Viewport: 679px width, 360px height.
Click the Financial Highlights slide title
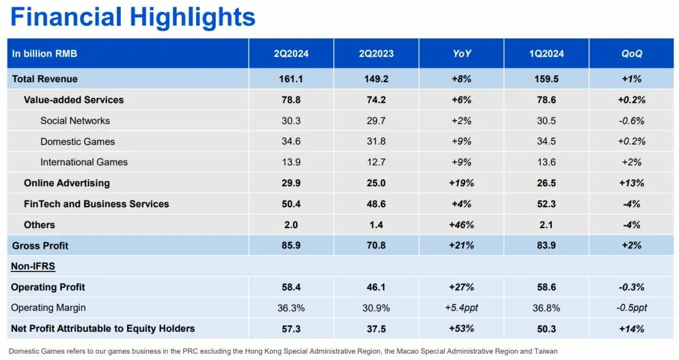133,17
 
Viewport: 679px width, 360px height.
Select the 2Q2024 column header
291,53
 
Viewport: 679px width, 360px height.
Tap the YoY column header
461,53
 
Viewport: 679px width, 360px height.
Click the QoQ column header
632,53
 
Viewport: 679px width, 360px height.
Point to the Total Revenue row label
45,79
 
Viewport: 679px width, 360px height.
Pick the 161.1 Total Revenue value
291,79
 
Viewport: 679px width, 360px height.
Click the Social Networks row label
75,121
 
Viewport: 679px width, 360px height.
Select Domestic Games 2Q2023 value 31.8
376,141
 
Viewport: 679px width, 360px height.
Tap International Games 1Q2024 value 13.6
546,162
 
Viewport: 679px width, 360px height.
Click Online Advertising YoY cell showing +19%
461,183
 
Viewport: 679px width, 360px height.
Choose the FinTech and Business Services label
96,204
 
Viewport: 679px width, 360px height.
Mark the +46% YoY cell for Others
461,225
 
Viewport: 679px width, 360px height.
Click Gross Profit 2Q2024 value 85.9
291,246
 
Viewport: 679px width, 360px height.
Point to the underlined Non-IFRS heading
33,266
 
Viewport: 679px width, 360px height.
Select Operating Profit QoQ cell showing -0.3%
632,287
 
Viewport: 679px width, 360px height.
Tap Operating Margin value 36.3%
291,308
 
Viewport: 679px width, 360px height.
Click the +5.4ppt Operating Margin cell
461,308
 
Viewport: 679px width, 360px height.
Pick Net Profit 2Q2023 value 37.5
376,329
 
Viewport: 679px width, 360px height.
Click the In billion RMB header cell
44,53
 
